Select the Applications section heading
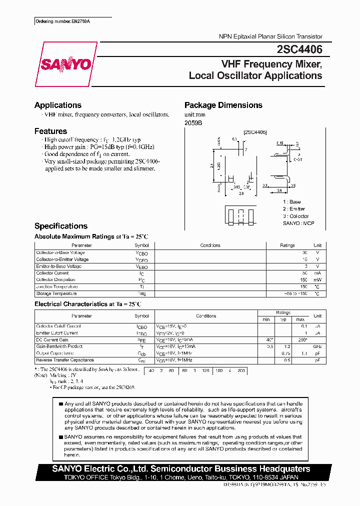pos(58,105)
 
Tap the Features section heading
pos(50,131)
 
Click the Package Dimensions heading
pos(223,105)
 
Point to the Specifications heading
pos(61,226)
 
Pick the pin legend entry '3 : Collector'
pos(296,216)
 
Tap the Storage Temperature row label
pos(56,293)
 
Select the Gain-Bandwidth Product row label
pos(59,346)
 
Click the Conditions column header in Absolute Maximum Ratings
pos(210,245)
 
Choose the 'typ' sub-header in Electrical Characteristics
pos(283,319)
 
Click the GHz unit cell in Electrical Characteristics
pos(317,346)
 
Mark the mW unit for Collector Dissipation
pos(317,280)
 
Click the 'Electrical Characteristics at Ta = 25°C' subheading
pos(87,304)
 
